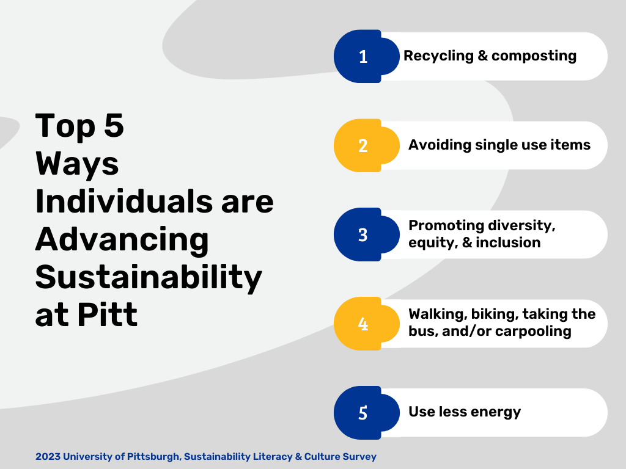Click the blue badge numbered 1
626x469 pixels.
(x=367, y=56)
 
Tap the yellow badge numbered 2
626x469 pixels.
(x=367, y=145)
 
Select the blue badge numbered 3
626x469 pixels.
(x=367, y=234)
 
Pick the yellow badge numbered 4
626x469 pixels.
(x=367, y=324)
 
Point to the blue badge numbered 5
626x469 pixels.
(x=367, y=413)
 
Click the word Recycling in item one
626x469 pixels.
(x=438, y=56)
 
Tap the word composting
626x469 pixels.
(x=534, y=56)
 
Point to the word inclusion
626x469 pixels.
(x=508, y=242)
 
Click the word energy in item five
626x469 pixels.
(x=499, y=412)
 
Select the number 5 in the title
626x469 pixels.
(x=114, y=126)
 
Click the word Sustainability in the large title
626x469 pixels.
(x=149, y=278)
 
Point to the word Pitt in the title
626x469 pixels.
(x=107, y=314)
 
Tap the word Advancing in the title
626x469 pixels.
(x=122, y=240)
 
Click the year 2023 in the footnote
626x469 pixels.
(x=48, y=457)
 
